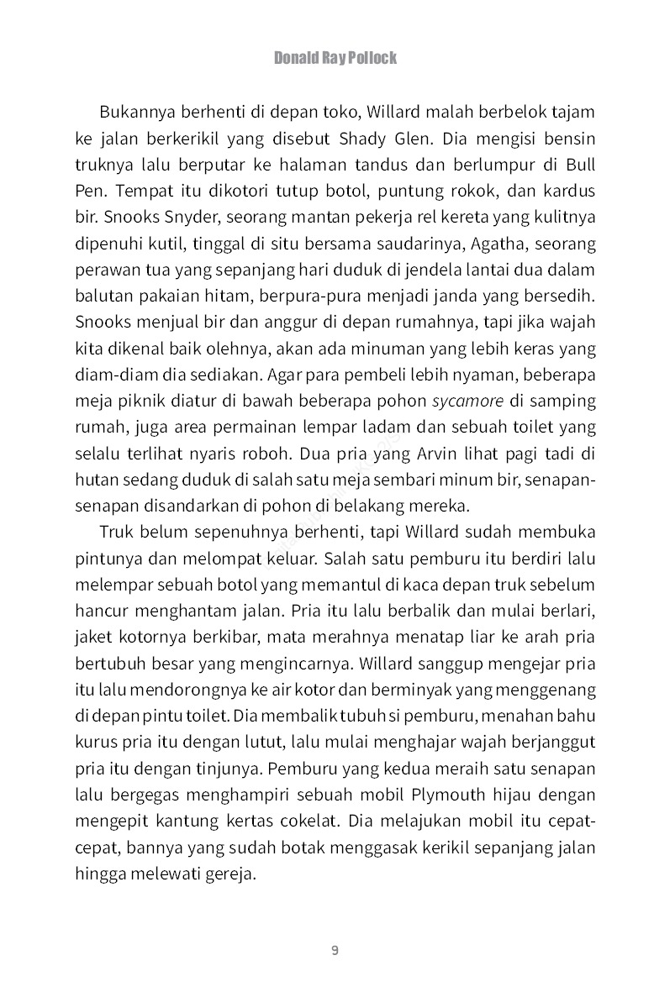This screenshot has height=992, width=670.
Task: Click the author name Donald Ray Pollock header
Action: (335, 58)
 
